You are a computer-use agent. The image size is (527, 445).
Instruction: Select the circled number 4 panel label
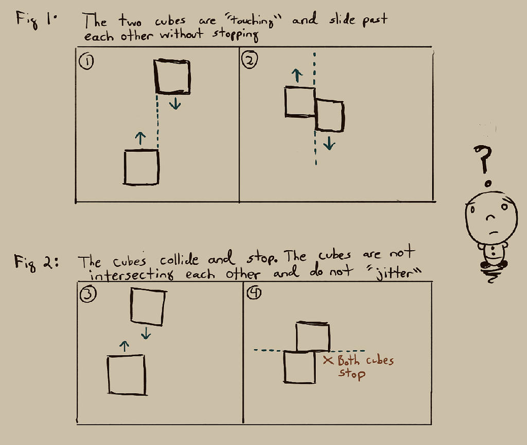pos(254,293)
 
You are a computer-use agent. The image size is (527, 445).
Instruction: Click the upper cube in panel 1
pos(173,77)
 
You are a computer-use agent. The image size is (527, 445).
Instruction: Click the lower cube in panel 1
pos(141,167)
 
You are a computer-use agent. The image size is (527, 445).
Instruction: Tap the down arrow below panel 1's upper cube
pos(175,103)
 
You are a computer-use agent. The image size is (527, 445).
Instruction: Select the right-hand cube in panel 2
pos(329,116)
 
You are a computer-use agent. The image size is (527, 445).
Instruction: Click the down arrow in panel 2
pos(329,144)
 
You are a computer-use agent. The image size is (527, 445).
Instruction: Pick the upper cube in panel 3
pos(148,307)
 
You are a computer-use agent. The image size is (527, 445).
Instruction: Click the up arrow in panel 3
pos(124,346)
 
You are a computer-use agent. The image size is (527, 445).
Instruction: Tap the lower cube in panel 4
pos(300,367)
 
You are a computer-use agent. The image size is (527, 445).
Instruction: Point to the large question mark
pos(484,159)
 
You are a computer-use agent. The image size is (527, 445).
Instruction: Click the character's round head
pos(491,216)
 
